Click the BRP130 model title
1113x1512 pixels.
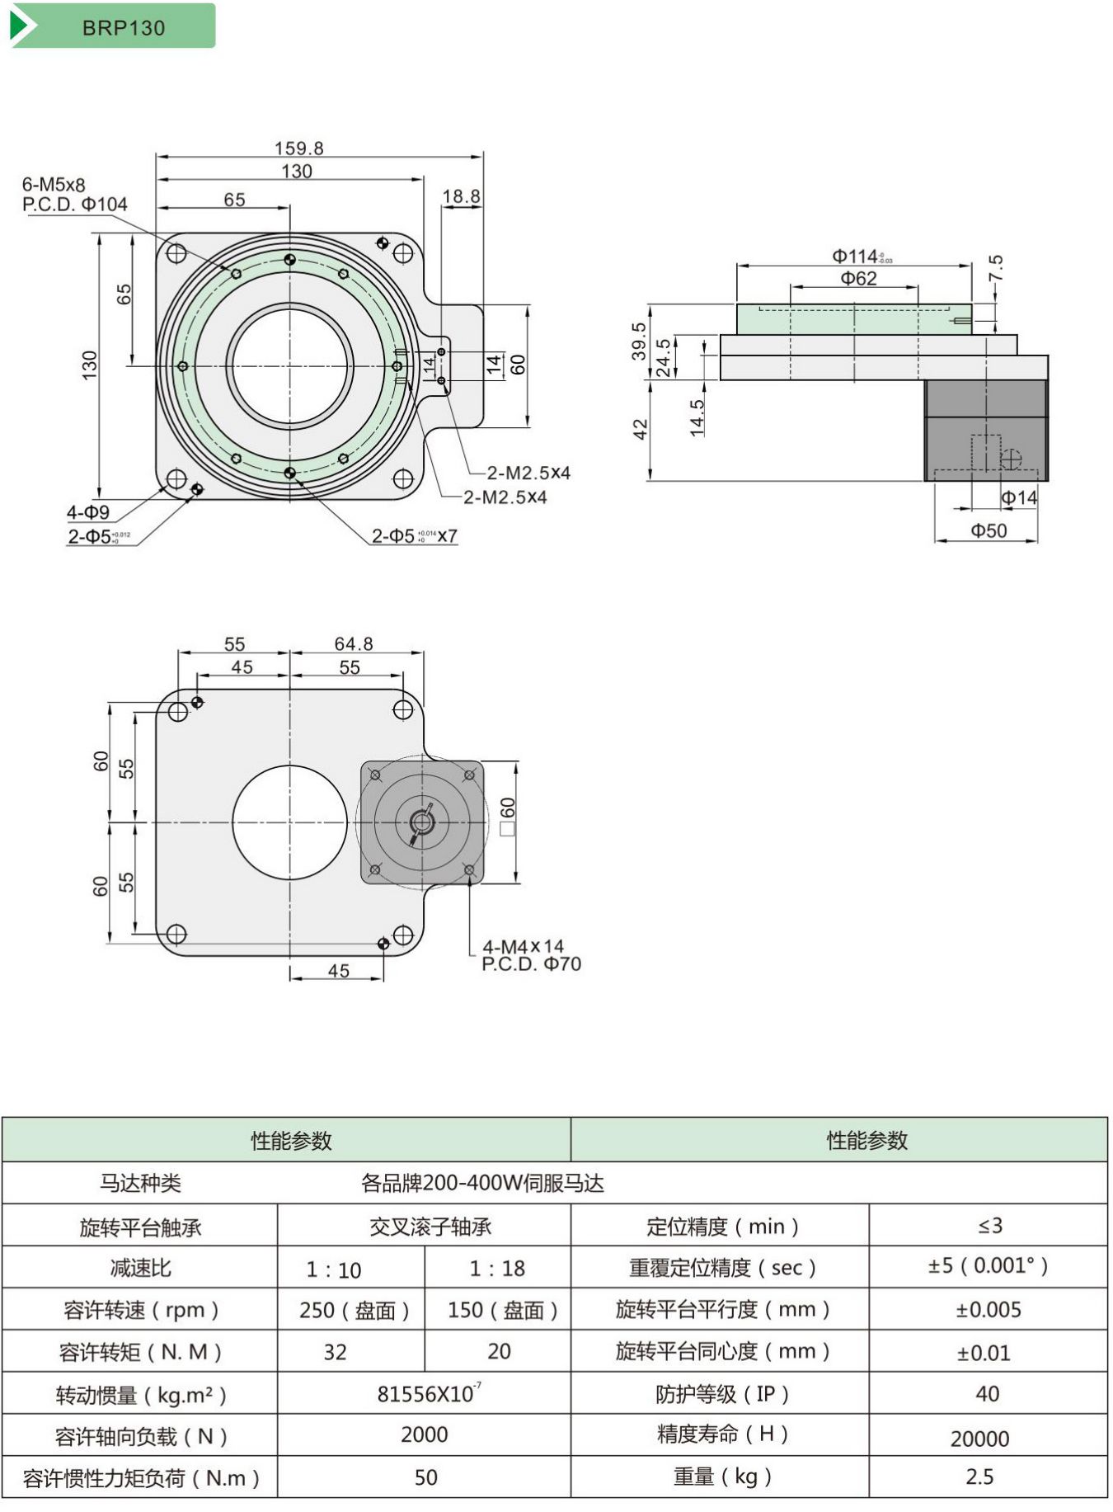pos(124,27)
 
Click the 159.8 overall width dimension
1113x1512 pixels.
pos(298,148)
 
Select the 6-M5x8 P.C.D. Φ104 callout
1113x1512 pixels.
pos(74,195)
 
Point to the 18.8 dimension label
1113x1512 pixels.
pos(461,196)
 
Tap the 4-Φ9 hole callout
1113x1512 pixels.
pos(87,512)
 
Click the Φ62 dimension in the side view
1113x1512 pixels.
pos(858,279)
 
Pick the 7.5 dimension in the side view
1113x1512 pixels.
pos(996,267)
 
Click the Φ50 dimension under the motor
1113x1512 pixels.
pos(989,530)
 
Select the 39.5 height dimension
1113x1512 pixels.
pos(639,340)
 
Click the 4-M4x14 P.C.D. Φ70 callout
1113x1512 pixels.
pos(531,955)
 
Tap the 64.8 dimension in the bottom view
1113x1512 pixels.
pos(353,643)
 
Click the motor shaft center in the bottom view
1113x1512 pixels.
pos(422,822)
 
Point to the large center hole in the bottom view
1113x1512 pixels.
pos(289,822)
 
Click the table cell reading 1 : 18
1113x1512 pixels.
pos(497,1268)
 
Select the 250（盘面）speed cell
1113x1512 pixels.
pos(354,1310)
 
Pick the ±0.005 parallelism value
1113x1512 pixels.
pos(988,1310)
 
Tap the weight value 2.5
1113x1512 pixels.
pos(979,1477)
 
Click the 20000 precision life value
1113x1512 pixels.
pos(979,1439)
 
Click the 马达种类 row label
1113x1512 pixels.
pos(140,1183)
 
